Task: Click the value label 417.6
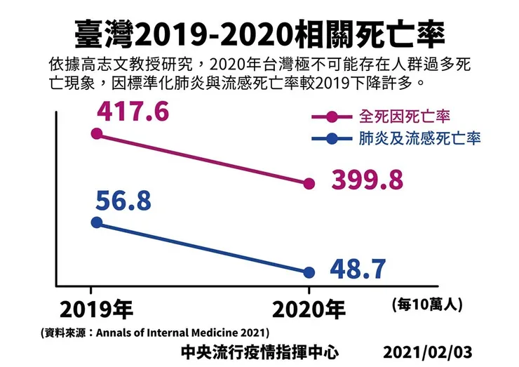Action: tap(133, 112)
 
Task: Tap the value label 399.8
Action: tap(368, 180)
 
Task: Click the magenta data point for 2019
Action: tap(97, 133)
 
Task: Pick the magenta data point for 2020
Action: tap(309, 184)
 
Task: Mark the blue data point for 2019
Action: tap(97, 222)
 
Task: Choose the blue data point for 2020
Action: tap(309, 272)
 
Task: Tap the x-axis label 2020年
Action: tap(309, 309)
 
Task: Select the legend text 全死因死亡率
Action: tap(404, 115)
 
